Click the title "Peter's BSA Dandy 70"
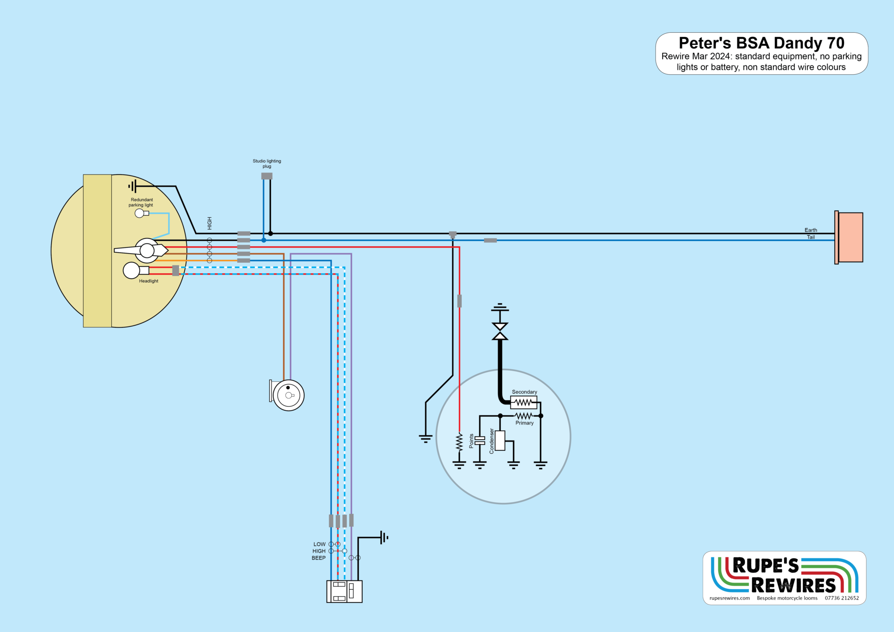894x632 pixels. pyautogui.click(x=761, y=43)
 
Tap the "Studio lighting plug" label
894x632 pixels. pyautogui.click(x=267, y=164)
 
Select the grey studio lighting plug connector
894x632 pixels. pyautogui.click(x=267, y=176)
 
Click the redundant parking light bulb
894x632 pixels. pyautogui.click(x=140, y=213)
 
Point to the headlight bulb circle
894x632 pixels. pyautogui.click(x=131, y=271)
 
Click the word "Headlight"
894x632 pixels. pyautogui.click(x=148, y=281)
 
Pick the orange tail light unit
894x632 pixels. pyautogui.click(x=849, y=237)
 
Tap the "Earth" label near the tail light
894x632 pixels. pyautogui.click(x=811, y=230)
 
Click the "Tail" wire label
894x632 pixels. pyautogui.click(x=811, y=237)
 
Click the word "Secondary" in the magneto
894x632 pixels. pyautogui.click(x=524, y=392)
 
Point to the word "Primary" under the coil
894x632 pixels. pyautogui.click(x=524, y=423)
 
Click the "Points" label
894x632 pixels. pyautogui.click(x=471, y=441)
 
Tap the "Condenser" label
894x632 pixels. pyautogui.click(x=492, y=441)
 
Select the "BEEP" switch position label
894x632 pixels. pyautogui.click(x=319, y=558)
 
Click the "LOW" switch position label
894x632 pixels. pyautogui.click(x=320, y=544)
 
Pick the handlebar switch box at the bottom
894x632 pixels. pyautogui.click(x=344, y=591)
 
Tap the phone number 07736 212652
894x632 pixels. pyautogui.click(x=842, y=598)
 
